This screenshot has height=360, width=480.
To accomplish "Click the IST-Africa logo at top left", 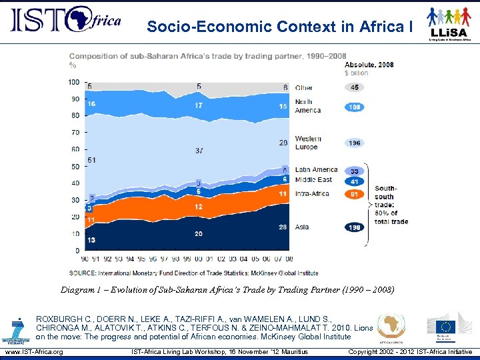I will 65,20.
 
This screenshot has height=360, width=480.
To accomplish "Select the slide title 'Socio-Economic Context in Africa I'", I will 280,27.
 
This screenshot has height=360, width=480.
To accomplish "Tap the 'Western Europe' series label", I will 308,143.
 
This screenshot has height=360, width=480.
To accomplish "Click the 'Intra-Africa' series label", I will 312,194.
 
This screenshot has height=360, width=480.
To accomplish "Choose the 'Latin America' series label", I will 316,169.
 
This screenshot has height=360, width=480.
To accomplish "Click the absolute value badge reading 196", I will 355,143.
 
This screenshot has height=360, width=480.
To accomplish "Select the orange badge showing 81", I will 355,194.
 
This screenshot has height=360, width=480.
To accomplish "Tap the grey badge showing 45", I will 355,87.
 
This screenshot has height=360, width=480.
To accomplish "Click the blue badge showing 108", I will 355,107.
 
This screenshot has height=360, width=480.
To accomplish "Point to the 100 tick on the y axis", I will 74,82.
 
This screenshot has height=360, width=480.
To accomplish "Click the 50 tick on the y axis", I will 76,166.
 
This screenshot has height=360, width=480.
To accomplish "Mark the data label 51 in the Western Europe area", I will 91,160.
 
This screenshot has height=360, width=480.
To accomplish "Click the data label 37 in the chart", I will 199,151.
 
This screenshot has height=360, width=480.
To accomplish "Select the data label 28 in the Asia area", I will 283,227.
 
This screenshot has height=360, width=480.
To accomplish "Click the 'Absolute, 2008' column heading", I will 369,65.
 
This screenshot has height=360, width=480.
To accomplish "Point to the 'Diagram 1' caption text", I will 227,290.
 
